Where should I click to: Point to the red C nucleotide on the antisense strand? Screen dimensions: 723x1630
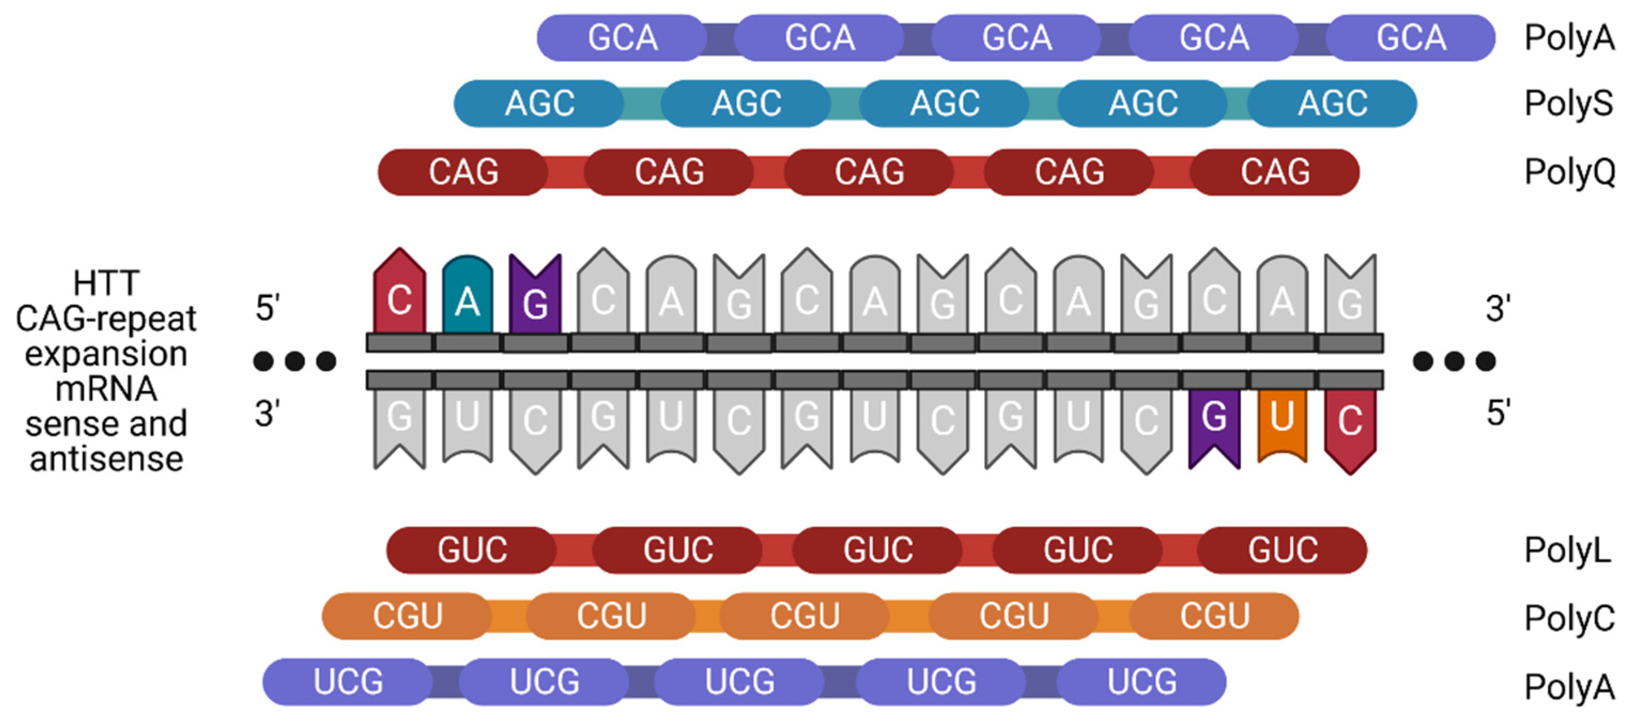[x=1350, y=427]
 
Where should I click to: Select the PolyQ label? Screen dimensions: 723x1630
[x=1569, y=172]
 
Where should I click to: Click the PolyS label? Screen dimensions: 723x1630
[x=1569, y=104]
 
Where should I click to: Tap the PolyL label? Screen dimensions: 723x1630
[x=1567, y=550]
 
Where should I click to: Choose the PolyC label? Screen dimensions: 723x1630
[x=1569, y=618]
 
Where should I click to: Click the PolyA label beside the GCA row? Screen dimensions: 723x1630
[x=1569, y=38]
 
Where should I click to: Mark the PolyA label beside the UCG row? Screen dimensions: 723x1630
[x=1569, y=686]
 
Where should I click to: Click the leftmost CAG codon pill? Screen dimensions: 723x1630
[x=463, y=172]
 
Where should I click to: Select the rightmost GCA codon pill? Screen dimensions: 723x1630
[x=1410, y=38]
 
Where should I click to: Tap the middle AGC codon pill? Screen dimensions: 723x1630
[x=944, y=104]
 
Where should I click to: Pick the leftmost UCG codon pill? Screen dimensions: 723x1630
[x=348, y=682]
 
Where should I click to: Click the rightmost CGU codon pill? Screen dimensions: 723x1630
[x=1214, y=616]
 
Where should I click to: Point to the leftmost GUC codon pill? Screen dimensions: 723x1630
[x=472, y=550]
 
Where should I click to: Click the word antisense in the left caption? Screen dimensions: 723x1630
[x=106, y=458]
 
